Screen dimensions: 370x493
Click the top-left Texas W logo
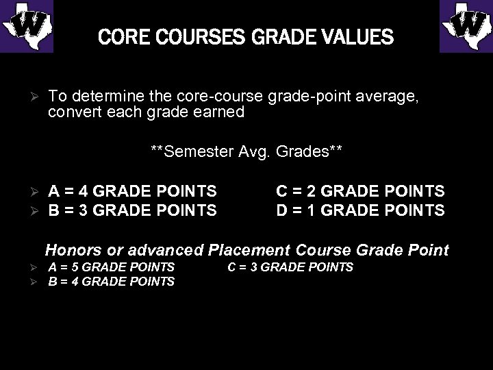[x=27, y=26]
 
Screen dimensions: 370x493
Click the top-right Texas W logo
[x=466, y=26]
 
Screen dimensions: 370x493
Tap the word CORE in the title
[x=119, y=36]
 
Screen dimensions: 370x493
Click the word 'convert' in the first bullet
[x=71, y=112]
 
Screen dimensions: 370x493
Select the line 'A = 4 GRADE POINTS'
[x=132, y=191]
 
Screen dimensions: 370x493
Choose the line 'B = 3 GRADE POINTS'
[x=132, y=210]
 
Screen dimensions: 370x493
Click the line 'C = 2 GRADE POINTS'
[x=360, y=191]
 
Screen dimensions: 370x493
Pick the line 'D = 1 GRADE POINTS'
[x=360, y=210]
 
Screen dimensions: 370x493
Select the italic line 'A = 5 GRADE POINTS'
[x=112, y=267]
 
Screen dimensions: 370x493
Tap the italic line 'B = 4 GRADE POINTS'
[x=112, y=281]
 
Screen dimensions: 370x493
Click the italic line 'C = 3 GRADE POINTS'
[x=290, y=267]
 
